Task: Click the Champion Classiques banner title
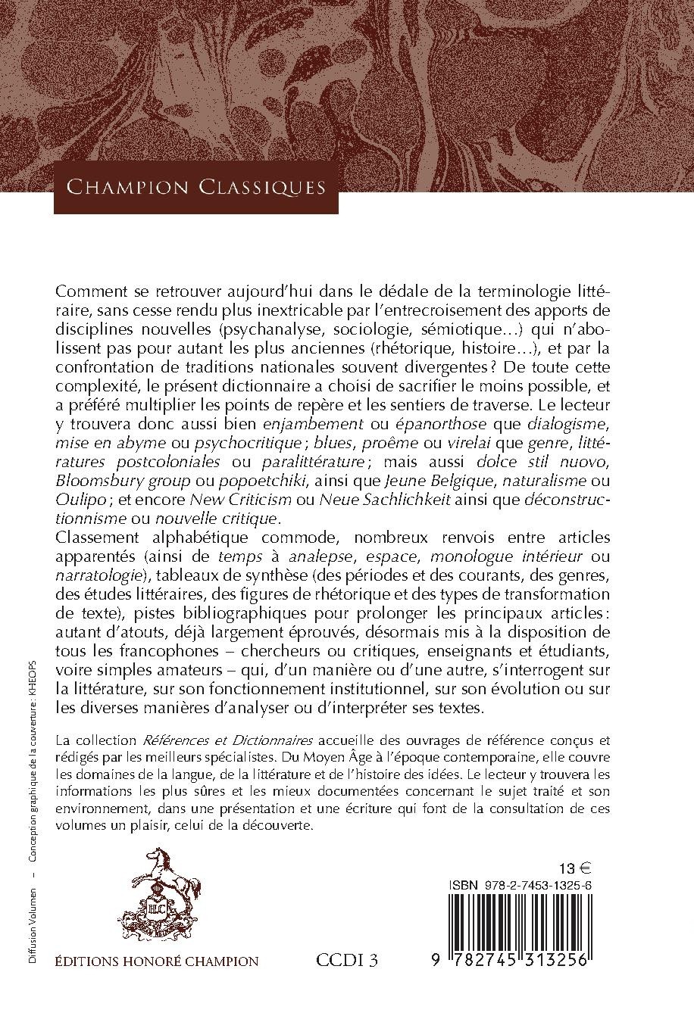(196, 187)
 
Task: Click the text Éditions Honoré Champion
(157, 961)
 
